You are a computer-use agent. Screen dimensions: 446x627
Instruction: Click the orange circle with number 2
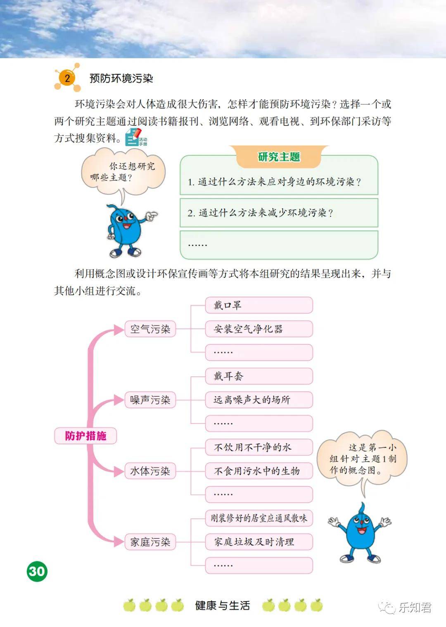[67, 78]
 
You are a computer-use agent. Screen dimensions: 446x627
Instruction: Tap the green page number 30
[37, 571]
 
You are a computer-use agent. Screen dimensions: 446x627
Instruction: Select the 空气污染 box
[150, 329]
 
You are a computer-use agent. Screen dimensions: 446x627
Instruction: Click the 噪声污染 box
[150, 400]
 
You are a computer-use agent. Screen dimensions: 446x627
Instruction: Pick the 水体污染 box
[150, 471]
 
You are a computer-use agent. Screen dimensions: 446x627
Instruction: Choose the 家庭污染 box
[150, 542]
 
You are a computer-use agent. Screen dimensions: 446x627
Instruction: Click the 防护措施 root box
[85, 435]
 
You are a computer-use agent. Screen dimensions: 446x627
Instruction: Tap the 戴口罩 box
[259, 305]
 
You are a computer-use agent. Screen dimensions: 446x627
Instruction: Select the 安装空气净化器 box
[259, 329]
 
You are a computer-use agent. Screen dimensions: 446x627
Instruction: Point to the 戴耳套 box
[259, 376]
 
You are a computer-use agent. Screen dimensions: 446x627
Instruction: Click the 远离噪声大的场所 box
[259, 400]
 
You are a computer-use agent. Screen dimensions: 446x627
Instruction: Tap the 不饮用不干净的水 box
[259, 447]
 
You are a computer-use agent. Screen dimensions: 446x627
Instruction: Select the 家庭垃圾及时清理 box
[259, 542]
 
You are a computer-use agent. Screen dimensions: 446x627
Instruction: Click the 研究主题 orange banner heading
[279, 157]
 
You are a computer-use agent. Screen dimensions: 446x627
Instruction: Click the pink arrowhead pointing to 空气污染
[119, 330]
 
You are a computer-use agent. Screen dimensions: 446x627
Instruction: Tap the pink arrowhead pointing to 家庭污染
[119, 542]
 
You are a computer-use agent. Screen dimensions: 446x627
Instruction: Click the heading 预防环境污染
[121, 78]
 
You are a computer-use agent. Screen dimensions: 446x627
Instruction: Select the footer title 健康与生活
[223, 606]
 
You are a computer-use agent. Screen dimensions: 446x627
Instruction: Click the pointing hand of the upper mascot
[152, 215]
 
